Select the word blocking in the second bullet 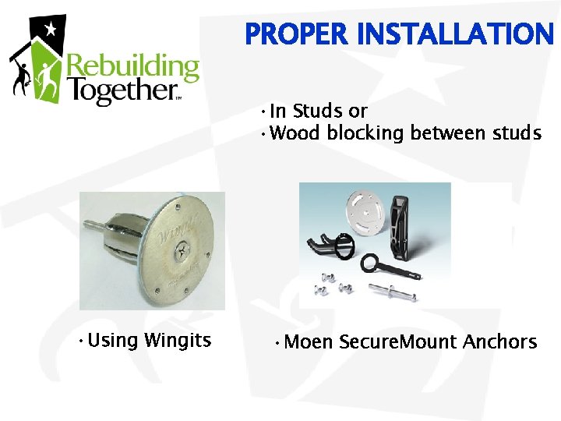pyautogui.click(x=365, y=133)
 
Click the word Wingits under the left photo pyautogui.click(x=178, y=340)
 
